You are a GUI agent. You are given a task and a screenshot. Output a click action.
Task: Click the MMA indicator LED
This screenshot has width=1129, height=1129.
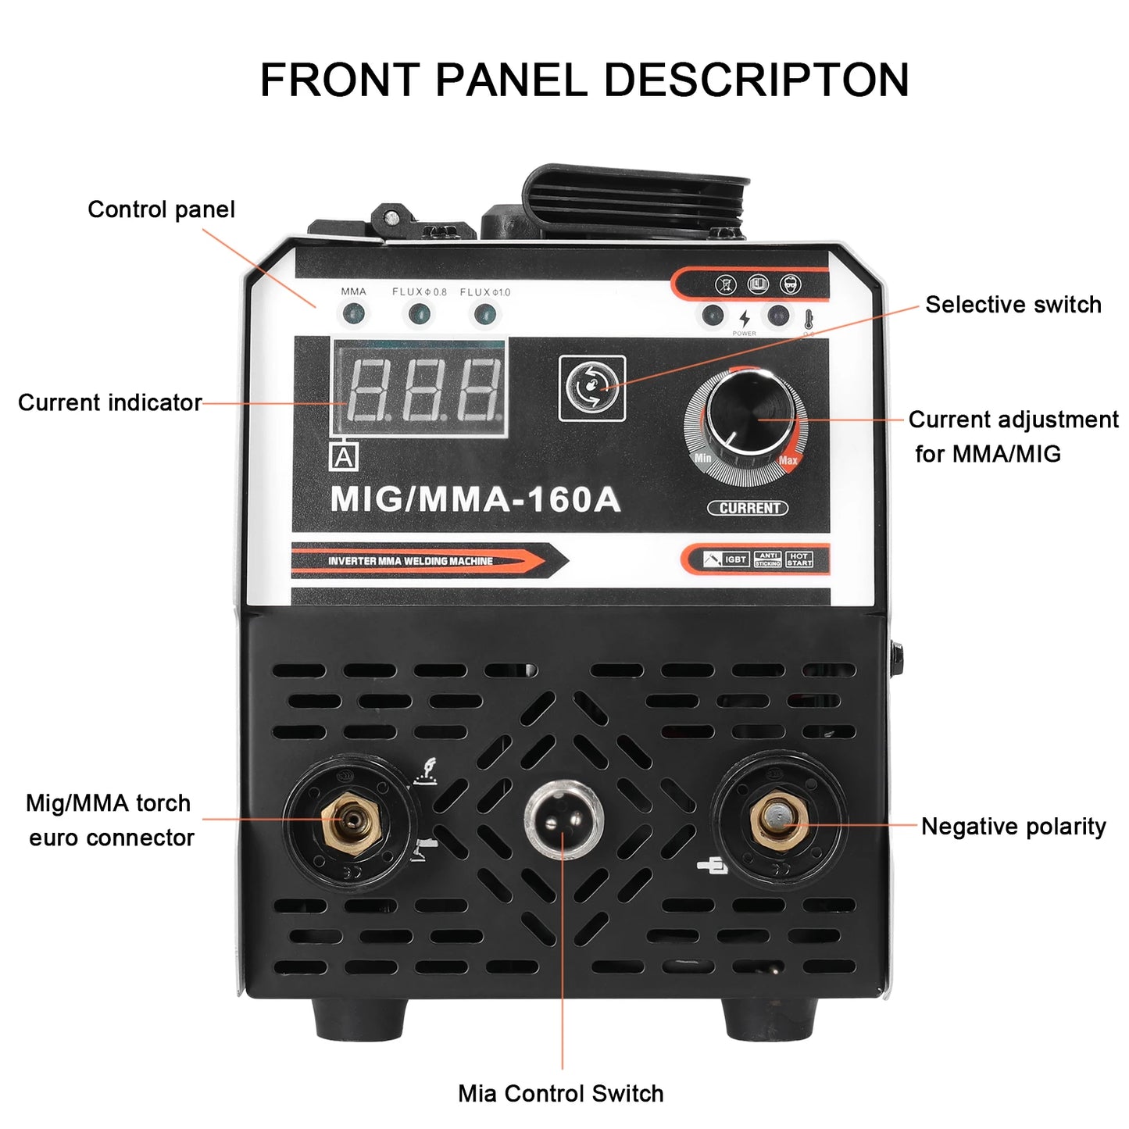353,315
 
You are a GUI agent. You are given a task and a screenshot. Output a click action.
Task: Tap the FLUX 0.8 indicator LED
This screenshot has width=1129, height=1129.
420,315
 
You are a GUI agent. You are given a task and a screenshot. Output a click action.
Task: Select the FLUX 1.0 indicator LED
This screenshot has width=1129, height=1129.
485,315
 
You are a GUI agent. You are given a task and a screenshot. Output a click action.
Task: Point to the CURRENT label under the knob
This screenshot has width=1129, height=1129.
748,508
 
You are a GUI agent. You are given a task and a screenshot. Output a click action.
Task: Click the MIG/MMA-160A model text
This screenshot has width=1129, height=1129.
475,500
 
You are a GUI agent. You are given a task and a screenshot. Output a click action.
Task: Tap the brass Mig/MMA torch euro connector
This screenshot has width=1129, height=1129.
351,821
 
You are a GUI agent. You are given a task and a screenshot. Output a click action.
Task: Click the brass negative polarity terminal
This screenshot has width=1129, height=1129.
778,820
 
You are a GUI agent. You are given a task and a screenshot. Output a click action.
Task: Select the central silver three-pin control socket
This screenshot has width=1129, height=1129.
563,820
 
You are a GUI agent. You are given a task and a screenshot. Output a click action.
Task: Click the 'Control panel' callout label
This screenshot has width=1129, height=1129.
161,209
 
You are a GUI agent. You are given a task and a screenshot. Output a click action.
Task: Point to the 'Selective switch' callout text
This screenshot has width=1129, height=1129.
1013,305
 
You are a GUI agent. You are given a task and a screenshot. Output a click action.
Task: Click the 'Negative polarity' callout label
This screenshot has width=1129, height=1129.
1013,827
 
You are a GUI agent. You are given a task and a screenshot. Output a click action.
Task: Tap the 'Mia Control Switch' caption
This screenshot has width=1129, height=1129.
560,1093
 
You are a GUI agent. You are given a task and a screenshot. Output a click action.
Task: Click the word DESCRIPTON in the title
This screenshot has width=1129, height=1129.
756,80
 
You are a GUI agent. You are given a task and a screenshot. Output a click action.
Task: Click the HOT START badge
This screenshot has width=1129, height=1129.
799,559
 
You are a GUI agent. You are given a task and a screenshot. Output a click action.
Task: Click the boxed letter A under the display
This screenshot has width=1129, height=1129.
344,457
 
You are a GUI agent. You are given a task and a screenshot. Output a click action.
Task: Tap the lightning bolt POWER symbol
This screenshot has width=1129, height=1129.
745,318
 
